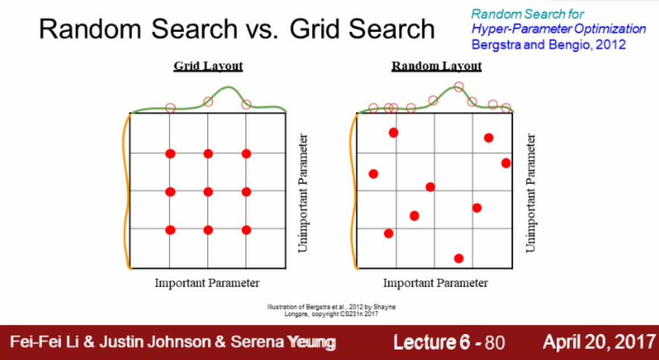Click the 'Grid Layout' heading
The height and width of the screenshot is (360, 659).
click(208, 66)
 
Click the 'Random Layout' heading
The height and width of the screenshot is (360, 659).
click(436, 66)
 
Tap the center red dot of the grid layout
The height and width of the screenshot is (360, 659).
click(208, 192)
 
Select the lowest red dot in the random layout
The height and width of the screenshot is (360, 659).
click(459, 258)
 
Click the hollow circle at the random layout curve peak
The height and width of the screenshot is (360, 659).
click(458, 87)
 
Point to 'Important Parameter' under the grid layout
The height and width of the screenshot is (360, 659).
click(207, 283)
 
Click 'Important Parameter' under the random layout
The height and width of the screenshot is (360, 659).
click(435, 283)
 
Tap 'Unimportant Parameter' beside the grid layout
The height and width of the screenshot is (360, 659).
click(303, 193)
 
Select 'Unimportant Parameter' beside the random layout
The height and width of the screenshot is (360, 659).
click(531, 193)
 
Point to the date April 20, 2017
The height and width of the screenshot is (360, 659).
click(599, 342)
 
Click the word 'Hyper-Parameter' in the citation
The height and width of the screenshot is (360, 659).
click(512, 29)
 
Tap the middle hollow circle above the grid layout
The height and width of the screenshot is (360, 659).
click(208, 102)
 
